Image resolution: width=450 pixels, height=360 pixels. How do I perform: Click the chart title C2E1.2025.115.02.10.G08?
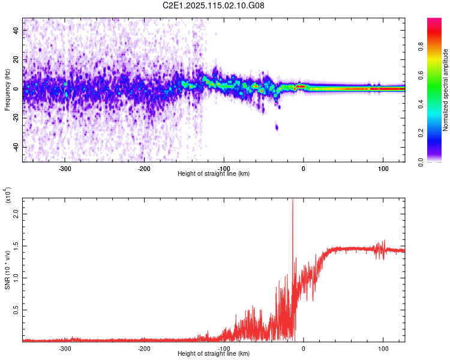(x=214, y=6)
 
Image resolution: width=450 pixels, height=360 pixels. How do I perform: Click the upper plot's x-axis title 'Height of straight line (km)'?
(x=214, y=173)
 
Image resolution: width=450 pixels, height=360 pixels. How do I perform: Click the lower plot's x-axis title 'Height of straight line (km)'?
(x=214, y=353)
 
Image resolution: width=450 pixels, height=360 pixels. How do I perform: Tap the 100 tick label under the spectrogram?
(x=383, y=168)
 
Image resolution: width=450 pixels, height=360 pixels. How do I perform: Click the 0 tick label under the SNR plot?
(x=303, y=348)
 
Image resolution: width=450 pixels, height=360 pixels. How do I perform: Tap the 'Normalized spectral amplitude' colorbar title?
(x=445, y=91)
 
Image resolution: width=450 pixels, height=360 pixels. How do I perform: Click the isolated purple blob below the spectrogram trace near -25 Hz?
(x=277, y=127)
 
